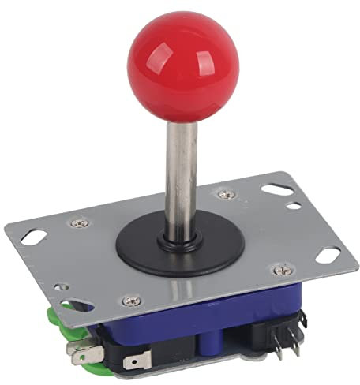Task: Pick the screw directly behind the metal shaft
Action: coord(225,192)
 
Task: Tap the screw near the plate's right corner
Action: coord(278,271)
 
